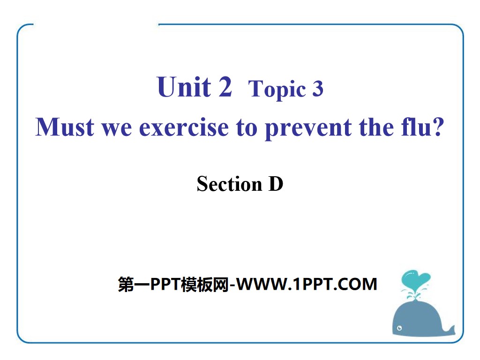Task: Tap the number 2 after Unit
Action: click(x=223, y=87)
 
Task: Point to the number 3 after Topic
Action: click(x=317, y=89)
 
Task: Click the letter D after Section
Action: click(x=276, y=184)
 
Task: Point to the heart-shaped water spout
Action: click(x=415, y=279)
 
